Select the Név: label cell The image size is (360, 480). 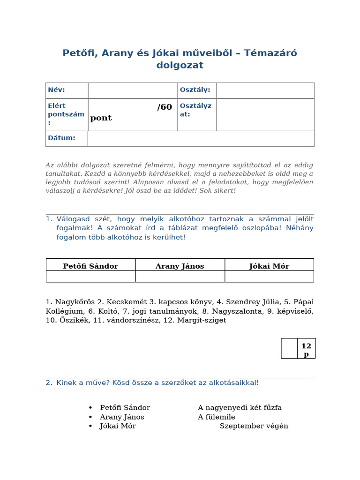coord(67,90)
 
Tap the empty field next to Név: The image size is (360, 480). coord(133,90)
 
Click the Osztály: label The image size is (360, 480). coord(195,90)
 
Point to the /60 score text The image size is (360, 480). coord(165,107)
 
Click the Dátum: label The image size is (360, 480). coord(61,138)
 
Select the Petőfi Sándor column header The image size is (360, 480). coord(90,266)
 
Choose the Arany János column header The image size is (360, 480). coord(180,266)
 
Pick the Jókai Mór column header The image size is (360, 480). coord(269,266)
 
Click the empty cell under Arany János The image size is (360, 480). coord(180,277)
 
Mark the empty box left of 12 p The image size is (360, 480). coord(289,349)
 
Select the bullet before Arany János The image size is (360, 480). coord(90,417)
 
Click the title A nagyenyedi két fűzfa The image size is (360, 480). coord(240,408)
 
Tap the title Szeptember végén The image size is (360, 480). coord(254,426)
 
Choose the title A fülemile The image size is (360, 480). coord(217,417)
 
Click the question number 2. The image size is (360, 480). coord(49,382)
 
